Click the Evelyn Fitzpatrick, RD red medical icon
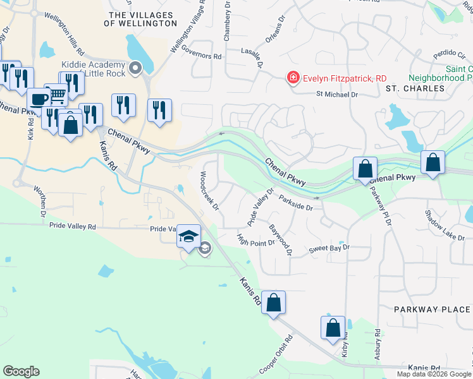293,78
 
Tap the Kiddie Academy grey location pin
135,68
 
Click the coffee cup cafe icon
39,99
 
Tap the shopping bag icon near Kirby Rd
333,328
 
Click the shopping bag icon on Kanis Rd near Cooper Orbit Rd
273,303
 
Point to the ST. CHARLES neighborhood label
415,88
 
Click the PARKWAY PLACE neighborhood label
432,310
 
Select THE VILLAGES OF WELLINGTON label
143,18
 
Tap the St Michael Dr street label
337,94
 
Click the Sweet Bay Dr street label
329,250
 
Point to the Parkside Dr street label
295,203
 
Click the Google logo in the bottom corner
21,371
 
